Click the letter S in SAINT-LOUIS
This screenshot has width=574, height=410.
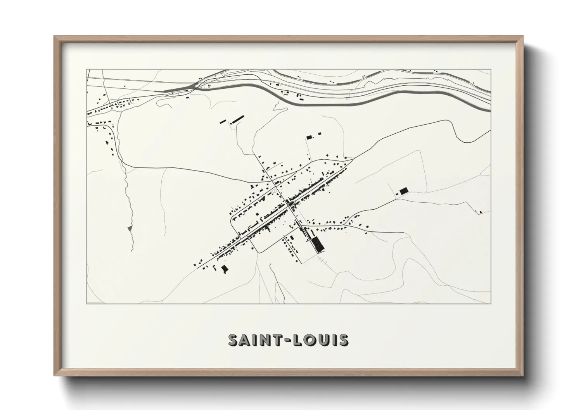pyautogui.click(x=233, y=340)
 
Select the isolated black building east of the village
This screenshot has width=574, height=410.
pyautogui.click(x=404, y=190)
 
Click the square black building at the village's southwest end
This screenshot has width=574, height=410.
pyautogui.click(x=224, y=269)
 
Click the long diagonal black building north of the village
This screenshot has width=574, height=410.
pyautogui.click(x=237, y=118)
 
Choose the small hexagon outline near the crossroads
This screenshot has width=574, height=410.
pyautogui.click(x=275, y=191)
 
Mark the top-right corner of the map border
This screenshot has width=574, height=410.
pyautogui.click(x=491, y=69)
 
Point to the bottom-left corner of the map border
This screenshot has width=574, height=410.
pyautogui.click(x=86, y=303)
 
